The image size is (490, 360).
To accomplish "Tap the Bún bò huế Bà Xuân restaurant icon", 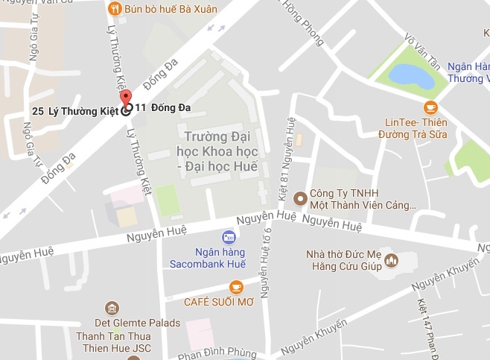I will pos(114,9).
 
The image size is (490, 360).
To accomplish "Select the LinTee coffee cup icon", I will pos(430,107).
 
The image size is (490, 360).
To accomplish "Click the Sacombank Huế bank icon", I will pos(229,237).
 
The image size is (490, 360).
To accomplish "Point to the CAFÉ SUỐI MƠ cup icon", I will pos(236,286).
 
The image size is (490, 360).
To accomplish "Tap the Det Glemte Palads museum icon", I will pos(112,308).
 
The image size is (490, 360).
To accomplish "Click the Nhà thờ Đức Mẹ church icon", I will pos(392,261).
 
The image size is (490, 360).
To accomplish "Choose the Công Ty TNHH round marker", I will pos(300,198).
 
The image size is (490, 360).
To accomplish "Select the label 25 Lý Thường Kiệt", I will pos(76,111).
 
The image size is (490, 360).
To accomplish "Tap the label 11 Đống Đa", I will pos(163,107).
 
